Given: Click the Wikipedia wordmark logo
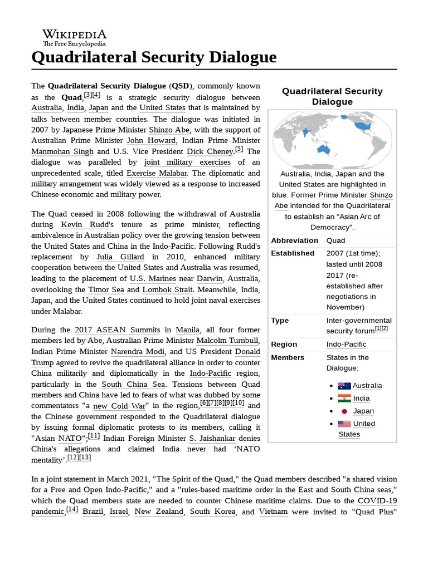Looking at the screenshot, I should (x=74, y=37).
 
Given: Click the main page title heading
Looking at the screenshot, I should (x=154, y=57).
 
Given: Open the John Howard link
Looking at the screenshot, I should (x=152, y=140).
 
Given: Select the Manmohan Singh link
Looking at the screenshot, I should (x=62, y=151).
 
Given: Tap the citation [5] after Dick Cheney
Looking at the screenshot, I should (x=239, y=149).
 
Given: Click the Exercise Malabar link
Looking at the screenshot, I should (x=157, y=173).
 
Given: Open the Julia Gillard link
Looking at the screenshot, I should (x=120, y=257).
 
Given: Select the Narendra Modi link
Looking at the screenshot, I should (x=138, y=352).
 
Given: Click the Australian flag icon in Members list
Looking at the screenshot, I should (x=344, y=385).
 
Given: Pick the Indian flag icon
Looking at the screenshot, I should (x=344, y=398).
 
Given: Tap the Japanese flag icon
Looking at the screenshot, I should (x=344, y=411).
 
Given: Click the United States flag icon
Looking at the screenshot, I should (x=344, y=424).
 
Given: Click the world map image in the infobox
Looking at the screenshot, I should (x=332, y=139).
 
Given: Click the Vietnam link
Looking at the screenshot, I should (x=273, y=511).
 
